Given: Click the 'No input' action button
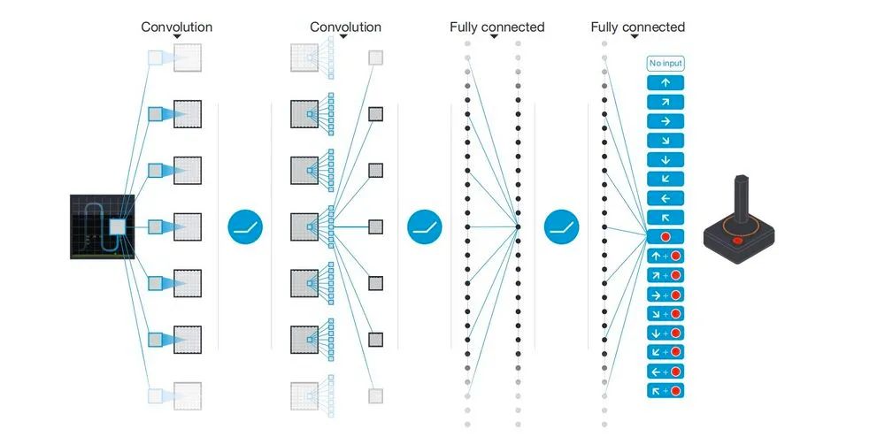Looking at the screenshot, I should point(666,64).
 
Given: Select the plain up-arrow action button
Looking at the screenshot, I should point(666,82).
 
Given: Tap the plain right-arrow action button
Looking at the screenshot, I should point(666,121).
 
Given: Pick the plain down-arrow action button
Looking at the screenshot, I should point(666,160).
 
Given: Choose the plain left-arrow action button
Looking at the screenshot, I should point(666,198).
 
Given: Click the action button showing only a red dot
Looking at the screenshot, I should point(666,237).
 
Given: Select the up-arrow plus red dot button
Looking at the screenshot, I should point(666,257).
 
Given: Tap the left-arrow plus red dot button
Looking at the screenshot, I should point(666,372).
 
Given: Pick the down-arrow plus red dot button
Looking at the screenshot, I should point(666,333).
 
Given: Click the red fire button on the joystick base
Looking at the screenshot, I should point(736,239).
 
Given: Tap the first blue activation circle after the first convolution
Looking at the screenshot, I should point(246,227).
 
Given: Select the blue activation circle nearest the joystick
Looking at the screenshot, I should point(561,227).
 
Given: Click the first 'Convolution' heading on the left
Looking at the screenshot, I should point(177,27).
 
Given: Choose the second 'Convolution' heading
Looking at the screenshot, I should point(345,27).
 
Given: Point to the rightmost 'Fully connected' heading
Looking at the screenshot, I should point(637,27).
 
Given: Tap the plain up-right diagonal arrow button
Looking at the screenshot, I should point(666,102).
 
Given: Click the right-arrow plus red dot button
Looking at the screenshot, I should point(666,295).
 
